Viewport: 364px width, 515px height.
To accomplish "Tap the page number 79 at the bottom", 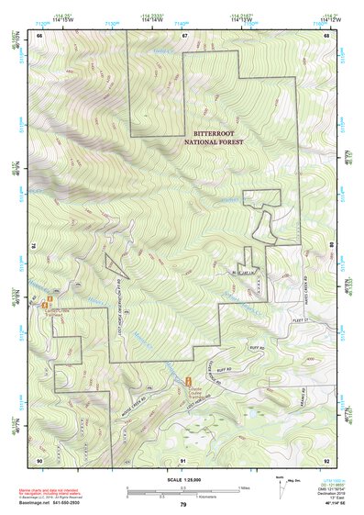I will [x=183, y=505].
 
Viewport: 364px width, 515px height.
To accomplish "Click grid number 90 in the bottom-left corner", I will [x=39, y=458].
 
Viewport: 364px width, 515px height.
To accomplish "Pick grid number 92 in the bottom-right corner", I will [x=328, y=458].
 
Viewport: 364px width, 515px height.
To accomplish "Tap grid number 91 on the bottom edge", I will [x=183, y=458].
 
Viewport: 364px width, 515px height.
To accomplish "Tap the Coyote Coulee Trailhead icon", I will [x=189, y=379].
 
